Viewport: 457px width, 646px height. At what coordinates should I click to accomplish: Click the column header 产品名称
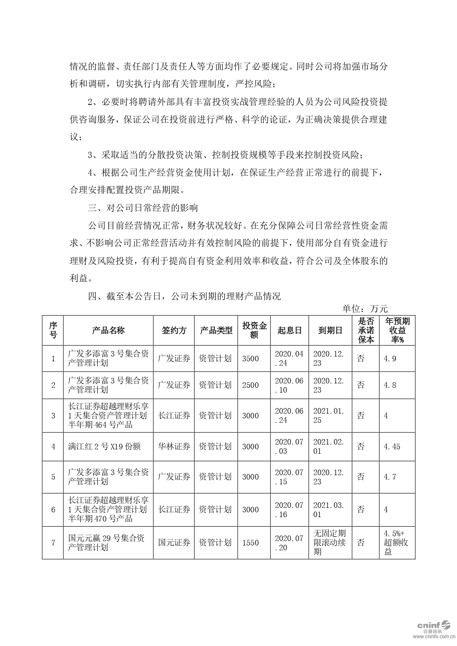click(x=108, y=330)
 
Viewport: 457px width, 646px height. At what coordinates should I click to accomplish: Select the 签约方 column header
click(x=174, y=330)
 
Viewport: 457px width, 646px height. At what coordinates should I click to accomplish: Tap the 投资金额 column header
click(x=254, y=330)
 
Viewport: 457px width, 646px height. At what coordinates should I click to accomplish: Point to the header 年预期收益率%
click(x=397, y=330)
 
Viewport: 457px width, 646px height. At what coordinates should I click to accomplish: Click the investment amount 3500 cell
click(x=251, y=358)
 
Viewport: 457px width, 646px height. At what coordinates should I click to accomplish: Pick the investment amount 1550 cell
click(x=251, y=543)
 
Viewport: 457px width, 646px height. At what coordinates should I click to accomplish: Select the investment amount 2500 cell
click(x=251, y=385)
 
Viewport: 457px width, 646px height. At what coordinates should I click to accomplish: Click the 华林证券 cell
click(x=174, y=447)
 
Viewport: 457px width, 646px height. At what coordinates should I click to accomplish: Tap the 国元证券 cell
click(x=174, y=543)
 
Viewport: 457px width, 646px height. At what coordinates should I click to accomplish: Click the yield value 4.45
click(x=392, y=447)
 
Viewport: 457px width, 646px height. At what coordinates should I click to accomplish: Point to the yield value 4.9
click(x=390, y=358)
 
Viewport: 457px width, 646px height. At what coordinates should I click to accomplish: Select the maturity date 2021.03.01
click(x=328, y=510)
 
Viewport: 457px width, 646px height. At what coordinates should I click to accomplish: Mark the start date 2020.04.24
click(x=289, y=358)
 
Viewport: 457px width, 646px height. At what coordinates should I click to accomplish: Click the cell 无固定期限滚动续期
click(x=329, y=543)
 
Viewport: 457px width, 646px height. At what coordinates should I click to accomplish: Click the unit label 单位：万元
click(x=365, y=309)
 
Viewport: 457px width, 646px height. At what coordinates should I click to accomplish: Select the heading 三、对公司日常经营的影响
click(x=143, y=208)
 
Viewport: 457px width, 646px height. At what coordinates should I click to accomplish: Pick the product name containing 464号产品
click(x=108, y=415)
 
